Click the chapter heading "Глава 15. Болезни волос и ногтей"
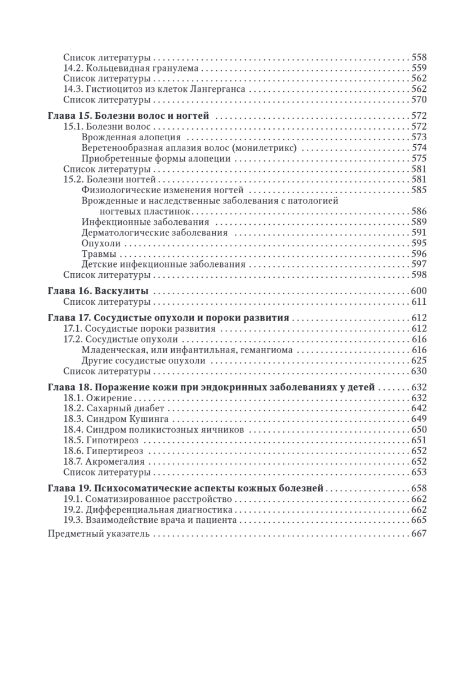[x=129, y=116]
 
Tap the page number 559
[x=419, y=68]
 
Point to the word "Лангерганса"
[x=221, y=89]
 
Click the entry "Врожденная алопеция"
[x=131, y=137]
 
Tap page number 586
[x=419, y=211]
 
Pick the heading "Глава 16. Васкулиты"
[x=99, y=291]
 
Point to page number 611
[x=419, y=302]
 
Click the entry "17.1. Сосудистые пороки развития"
[x=139, y=328]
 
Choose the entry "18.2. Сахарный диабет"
[x=110, y=408]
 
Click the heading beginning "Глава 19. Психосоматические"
[x=186, y=488]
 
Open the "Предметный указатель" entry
[x=99, y=533]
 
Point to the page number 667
[x=419, y=533]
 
